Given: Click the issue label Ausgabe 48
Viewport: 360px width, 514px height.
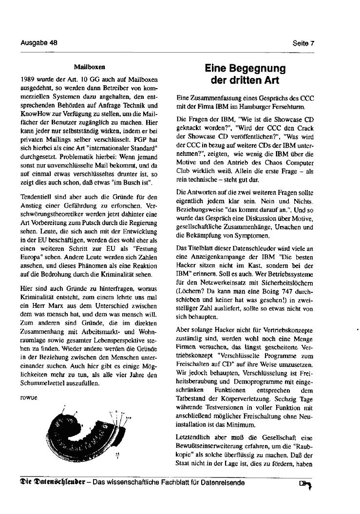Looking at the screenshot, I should [x=39, y=42].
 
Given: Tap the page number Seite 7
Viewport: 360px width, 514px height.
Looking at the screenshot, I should [x=303, y=43].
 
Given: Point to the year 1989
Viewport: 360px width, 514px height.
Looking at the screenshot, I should [x=28, y=78].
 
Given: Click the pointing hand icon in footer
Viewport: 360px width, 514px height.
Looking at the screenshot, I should [x=305, y=484].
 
